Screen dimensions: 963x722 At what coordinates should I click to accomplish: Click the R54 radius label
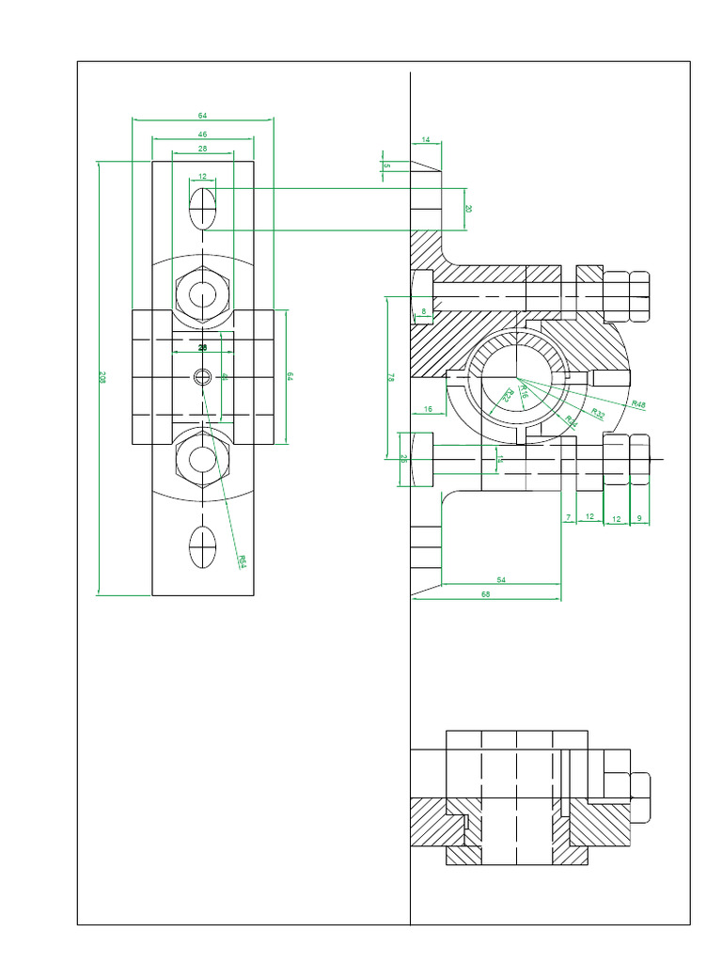tap(242, 561)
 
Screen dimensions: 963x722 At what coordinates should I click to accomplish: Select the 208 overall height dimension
tap(102, 378)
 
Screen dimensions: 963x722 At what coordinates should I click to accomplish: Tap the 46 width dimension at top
tap(202, 135)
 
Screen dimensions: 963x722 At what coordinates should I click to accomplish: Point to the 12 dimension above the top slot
tap(202, 176)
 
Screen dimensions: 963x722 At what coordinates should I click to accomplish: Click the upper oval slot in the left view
tap(203, 209)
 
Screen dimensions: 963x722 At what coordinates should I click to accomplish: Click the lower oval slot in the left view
tap(203, 546)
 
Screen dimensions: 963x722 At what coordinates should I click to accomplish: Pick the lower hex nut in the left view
tap(203, 458)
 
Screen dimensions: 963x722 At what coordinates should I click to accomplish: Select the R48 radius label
tap(638, 404)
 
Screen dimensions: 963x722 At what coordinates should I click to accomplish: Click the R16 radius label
tap(524, 396)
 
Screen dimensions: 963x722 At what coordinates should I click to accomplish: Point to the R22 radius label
tap(506, 396)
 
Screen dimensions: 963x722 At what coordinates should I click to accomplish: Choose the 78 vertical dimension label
tap(391, 377)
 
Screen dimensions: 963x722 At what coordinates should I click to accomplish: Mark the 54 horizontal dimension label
tap(501, 581)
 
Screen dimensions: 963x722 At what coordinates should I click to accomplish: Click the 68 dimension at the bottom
tap(485, 594)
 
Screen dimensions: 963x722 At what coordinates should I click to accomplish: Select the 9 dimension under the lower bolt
tap(638, 517)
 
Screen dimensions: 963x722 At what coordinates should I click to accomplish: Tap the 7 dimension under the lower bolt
tap(568, 517)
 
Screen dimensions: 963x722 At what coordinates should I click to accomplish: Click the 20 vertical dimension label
tap(469, 209)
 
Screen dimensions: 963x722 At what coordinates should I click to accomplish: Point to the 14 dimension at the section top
tap(425, 139)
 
